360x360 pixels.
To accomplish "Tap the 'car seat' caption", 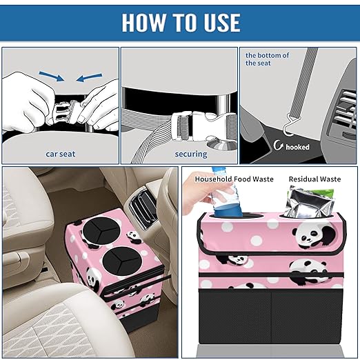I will point(61,154).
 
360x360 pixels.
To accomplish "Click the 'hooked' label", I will point(297,147).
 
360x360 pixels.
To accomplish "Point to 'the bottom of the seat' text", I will point(268,59).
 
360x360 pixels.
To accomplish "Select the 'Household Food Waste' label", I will point(234,179).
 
